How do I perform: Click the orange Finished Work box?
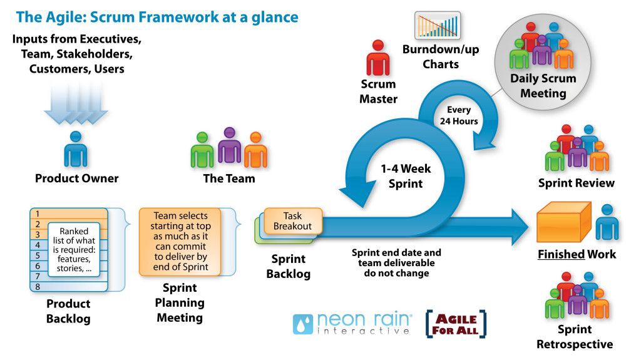[563, 222]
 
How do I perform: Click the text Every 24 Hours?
[458, 115]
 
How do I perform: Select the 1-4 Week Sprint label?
[405, 176]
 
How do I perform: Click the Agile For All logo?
[456, 324]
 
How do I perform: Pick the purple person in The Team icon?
[229, 145]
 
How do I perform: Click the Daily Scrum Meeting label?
[538, 86]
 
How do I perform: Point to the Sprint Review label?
[576, 183]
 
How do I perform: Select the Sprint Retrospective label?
[574, 337]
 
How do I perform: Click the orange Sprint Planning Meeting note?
[181, 241]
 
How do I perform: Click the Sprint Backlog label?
[288, 266]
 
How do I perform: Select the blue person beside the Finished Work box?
[607, 222]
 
